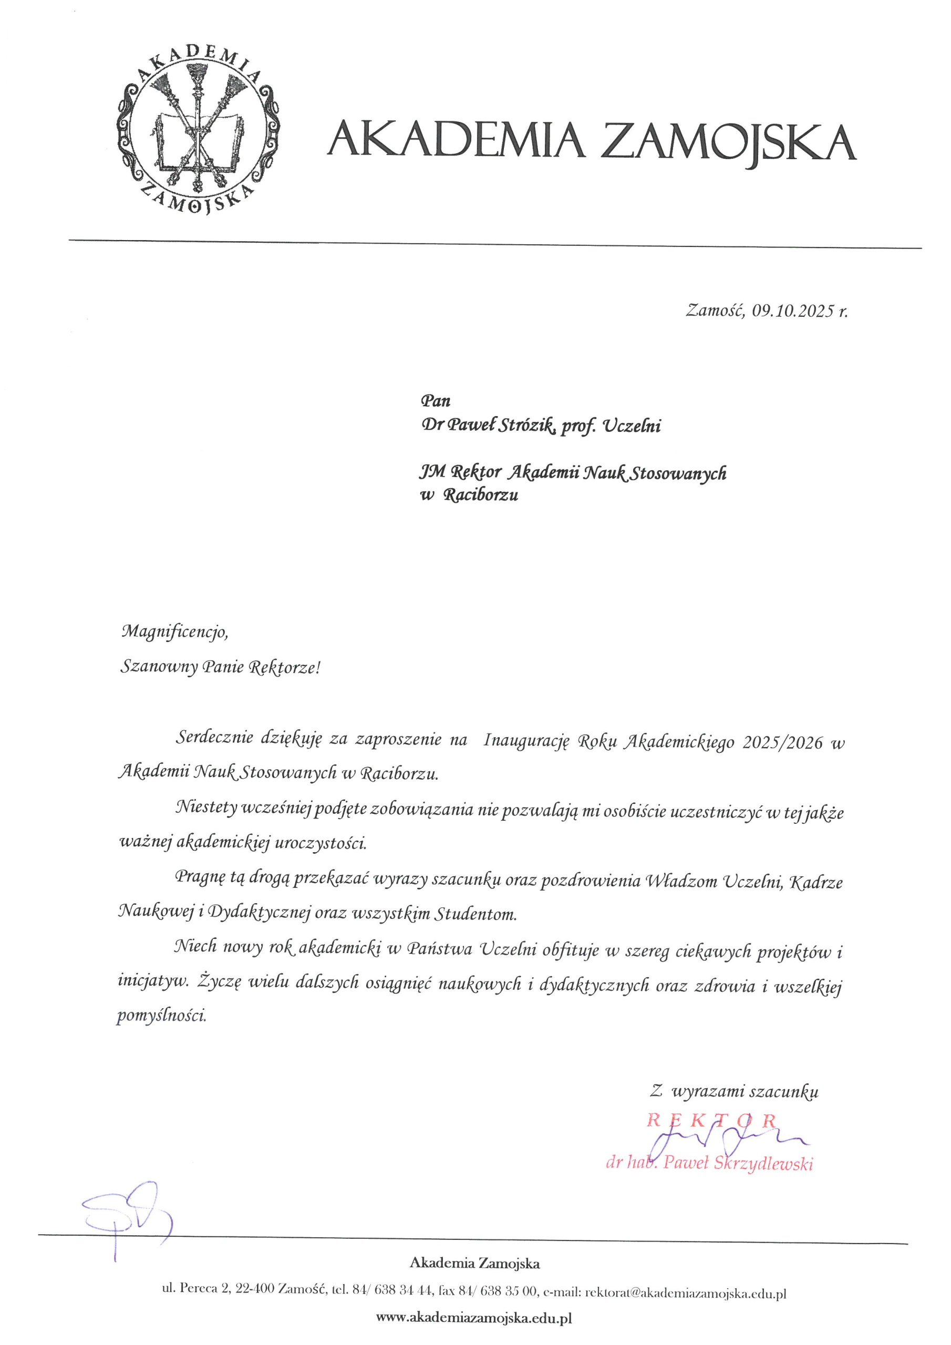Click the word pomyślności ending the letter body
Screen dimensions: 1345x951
pos(162,1015)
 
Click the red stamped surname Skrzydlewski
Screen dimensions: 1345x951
pos(762,1163)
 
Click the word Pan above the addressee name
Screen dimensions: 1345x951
pos(436,402)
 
